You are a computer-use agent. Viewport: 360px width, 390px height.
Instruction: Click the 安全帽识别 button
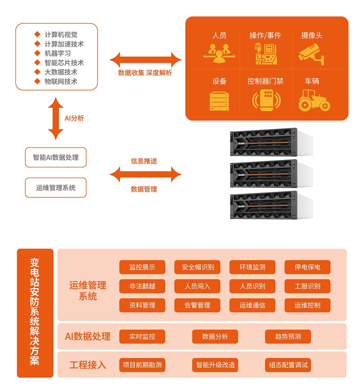coord(197,267)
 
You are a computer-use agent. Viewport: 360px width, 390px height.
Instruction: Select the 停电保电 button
coord(307,267)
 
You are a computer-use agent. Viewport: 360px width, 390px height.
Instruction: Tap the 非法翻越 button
coord(142,286)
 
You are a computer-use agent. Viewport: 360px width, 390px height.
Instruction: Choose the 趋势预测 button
coord(288,336)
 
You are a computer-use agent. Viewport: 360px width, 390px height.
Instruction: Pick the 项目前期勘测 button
coord(142,365)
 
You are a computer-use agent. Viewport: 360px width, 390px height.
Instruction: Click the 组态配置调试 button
coord(288,365)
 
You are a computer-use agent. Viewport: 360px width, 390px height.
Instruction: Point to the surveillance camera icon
coord(311,54)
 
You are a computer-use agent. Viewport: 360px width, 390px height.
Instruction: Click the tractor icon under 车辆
coord(314,100)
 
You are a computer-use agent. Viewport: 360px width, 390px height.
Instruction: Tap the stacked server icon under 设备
coord(219,101)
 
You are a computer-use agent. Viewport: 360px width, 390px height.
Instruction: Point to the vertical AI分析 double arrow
coord(56,118)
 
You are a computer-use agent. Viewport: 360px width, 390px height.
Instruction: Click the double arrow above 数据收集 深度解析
coord(145,60)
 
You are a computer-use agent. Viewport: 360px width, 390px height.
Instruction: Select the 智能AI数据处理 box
coord(56,157)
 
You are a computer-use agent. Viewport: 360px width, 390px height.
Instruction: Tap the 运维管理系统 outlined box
coord(56,187)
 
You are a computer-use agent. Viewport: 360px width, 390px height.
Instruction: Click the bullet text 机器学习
coord(58,53)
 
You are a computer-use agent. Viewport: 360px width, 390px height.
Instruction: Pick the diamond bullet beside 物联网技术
coord(37,81)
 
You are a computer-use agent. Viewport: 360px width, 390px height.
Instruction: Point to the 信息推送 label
coord(144,161)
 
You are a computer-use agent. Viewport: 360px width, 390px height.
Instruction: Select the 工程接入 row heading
coord(87,365)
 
